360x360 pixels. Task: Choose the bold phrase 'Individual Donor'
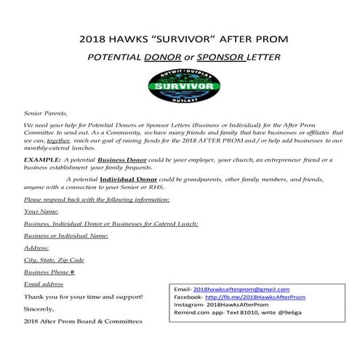click(132, 178)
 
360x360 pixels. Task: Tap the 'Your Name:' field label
click(41, 211)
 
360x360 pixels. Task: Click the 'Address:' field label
click(38, 248)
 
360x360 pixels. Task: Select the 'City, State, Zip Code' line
click(55, 260)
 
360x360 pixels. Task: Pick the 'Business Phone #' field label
click(50, 272)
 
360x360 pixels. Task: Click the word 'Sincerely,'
click(41, 308)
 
